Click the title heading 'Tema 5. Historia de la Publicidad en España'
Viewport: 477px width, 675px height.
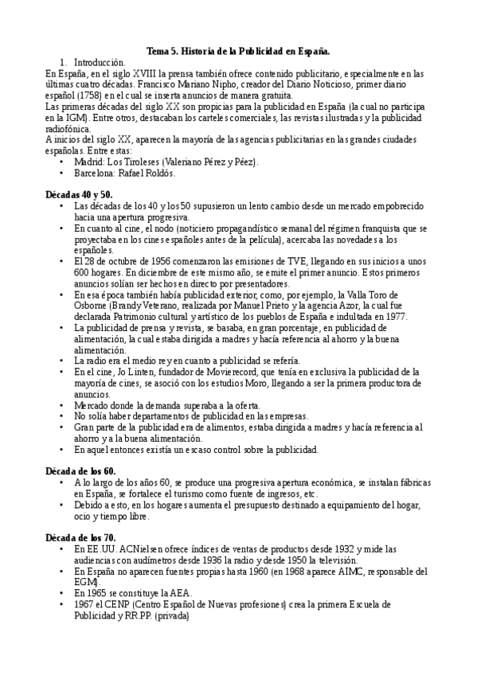coord(238,51)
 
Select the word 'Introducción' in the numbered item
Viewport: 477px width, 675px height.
coord(100,62)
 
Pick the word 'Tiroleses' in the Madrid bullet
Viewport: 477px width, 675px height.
coord(139,162)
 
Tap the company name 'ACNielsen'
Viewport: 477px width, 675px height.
coord(139,549)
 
